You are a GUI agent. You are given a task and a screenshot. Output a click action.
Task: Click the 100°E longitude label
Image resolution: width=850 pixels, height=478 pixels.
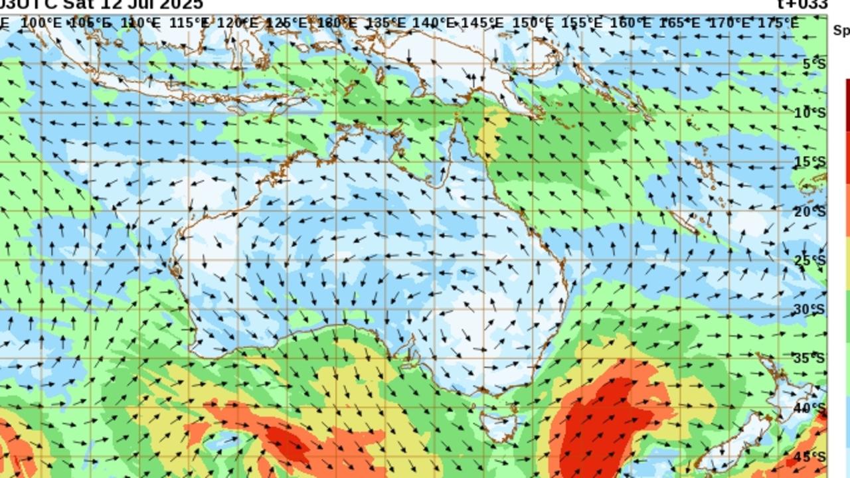[41, 23]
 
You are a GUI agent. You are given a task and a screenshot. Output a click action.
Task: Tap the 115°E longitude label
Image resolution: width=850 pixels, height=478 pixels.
[189, 23]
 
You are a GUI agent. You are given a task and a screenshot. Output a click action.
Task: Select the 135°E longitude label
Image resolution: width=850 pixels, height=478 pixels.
[386, 23]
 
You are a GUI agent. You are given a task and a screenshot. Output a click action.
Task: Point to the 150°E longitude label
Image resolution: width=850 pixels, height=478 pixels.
[533, 23]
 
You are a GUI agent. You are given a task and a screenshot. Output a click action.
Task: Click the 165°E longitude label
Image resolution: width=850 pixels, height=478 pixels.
[680, 23]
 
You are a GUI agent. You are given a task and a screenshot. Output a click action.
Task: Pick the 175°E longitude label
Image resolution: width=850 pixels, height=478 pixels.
[778, 23]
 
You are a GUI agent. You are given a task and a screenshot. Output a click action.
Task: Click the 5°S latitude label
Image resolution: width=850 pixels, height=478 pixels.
[814, 64]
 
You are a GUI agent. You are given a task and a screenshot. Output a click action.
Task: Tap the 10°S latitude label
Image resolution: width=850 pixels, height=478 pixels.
[810, 113]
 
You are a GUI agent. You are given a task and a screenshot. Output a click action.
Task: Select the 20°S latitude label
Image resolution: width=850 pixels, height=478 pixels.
[810, 212]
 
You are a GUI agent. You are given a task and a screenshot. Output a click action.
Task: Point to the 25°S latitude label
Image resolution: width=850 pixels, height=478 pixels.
[810, 260]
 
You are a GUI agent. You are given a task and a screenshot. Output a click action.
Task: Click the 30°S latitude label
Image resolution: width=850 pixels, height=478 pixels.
[810, 309]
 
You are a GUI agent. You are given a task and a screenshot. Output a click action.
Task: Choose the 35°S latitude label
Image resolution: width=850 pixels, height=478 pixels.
[810, 358]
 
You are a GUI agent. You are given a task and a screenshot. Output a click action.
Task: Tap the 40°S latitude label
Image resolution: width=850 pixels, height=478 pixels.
[810, 408]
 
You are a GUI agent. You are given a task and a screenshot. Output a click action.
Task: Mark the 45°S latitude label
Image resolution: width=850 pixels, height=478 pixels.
[810, 457]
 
